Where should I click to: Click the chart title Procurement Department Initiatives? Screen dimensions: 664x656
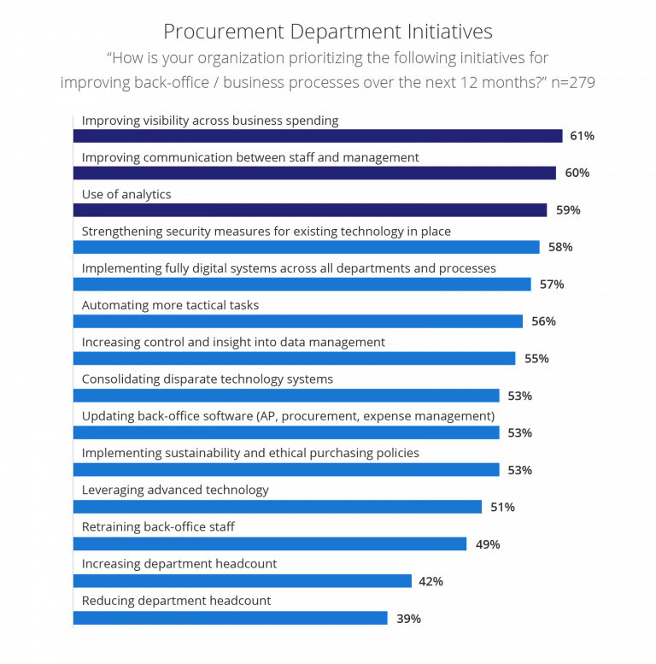327,32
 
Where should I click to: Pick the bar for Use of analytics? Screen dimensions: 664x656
310,210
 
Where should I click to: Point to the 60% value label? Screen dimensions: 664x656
577,173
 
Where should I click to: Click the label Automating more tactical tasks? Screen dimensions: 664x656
170,305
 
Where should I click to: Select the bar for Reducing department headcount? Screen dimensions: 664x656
231,618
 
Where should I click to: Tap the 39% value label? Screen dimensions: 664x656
408,618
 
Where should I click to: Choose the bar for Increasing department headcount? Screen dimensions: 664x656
243,581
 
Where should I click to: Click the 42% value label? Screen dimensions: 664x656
430,581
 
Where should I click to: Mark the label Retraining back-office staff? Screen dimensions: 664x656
158,527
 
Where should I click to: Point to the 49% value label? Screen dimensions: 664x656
487,544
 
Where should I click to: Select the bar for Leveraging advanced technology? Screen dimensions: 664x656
278,507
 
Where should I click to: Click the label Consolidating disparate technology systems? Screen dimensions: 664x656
207,379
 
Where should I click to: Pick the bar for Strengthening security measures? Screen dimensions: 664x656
307,247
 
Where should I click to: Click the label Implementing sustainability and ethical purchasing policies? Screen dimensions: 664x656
250,453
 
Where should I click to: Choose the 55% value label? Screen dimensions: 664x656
536,359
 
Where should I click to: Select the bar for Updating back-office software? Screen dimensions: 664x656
286,432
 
